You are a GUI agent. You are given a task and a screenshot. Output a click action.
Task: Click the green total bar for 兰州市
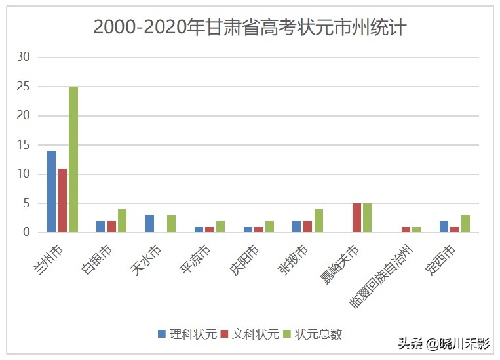(73, 159)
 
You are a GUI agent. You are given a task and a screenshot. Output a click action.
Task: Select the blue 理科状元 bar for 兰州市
(51, 191)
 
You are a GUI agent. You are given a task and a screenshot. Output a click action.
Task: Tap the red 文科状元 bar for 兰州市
(62, 200)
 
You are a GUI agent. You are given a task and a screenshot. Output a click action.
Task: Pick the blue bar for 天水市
(149, 224)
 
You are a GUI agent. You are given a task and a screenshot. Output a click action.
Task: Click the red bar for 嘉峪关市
(356, 218)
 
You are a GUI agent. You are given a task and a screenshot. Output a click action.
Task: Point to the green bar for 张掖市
(318, 221)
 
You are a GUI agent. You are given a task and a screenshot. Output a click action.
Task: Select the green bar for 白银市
(122, 221)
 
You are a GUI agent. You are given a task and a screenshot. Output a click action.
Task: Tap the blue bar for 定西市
(444, 227)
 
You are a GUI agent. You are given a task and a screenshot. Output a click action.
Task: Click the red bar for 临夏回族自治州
(406, 230)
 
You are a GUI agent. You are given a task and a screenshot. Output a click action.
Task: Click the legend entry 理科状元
(187, 334)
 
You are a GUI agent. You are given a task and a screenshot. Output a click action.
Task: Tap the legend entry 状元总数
(313, 334)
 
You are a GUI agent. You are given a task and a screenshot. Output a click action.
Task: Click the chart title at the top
(250, 28)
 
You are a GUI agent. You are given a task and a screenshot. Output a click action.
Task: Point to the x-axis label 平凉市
(195, 260)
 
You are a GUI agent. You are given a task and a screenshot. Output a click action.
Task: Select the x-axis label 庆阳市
(244, 260)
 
